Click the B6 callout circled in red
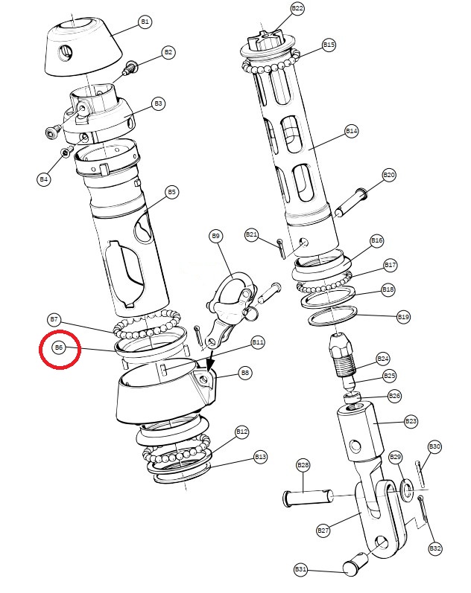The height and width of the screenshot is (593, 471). click(x=59, y=347)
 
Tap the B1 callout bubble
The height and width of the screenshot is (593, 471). click(x=145, y=22)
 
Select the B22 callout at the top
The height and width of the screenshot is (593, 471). click(x=297, y=8)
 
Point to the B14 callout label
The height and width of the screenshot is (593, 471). click(x=352, y=131)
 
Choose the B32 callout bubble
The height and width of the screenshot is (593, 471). click(x=435, y=548)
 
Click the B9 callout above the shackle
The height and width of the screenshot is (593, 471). click(x=215, y=237)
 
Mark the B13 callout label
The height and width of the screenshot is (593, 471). click(x=260, y=457)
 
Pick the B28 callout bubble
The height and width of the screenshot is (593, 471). click(x=303, y=465)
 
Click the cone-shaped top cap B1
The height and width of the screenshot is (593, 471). click(x=83, y=46)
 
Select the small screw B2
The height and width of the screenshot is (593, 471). click(x=130, y=68)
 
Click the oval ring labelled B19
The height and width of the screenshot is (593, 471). click(x=333, y=315)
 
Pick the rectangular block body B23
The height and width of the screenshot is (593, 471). click(x=359, y=432)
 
